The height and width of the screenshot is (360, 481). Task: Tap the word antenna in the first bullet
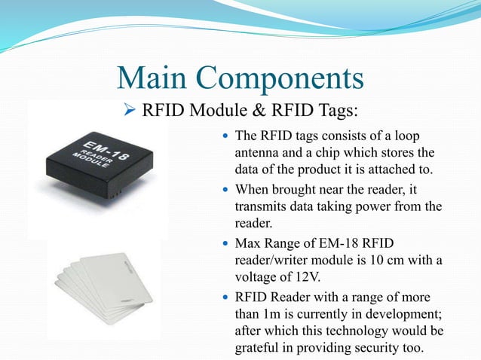260,153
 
